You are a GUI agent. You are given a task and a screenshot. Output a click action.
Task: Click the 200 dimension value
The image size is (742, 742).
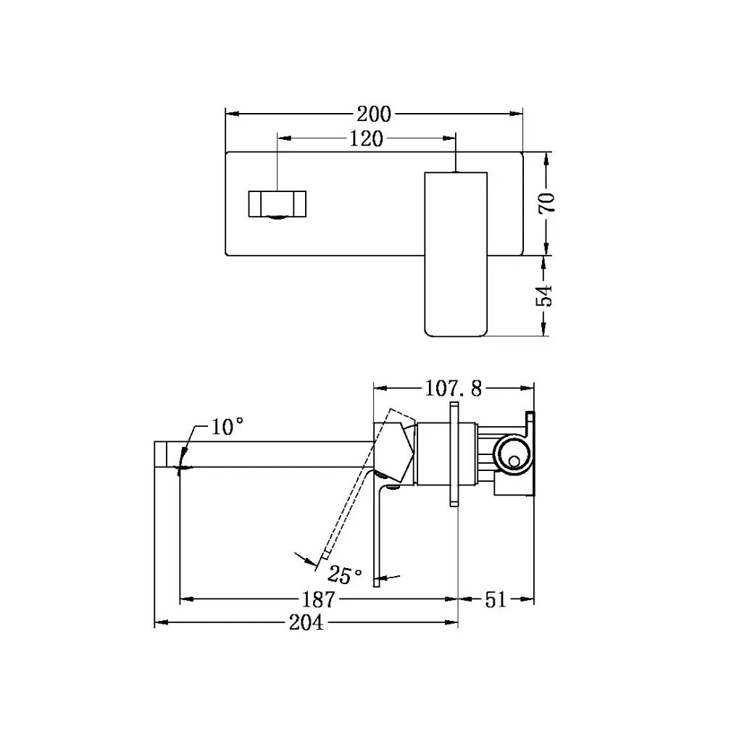(x=373, y=114)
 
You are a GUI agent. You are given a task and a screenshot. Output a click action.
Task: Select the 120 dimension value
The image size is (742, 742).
(x=366, y=139)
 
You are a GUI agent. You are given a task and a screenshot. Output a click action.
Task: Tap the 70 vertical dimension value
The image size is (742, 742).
(x=547, y=202)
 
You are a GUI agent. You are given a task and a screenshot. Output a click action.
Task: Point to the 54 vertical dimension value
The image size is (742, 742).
(x=547, y=295)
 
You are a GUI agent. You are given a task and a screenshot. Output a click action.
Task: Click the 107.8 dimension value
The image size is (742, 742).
(x=453, y=389)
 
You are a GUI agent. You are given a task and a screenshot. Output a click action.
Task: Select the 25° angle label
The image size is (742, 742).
(x=345, y=575)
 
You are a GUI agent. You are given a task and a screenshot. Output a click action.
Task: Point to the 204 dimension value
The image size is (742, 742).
(x=306, y=622)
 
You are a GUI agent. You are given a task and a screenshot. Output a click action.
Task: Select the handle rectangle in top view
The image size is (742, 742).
(x=454, y=254)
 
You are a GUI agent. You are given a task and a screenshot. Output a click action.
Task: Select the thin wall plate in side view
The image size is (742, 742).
(x=454, y=453)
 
